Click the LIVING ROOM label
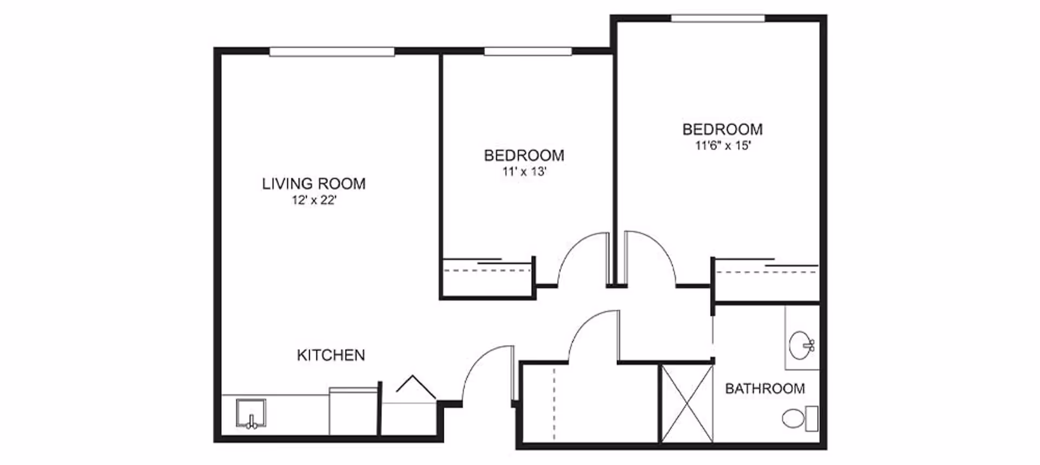tap(314, 184)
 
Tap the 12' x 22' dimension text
tap(314, 201)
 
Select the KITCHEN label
tap(331, 355)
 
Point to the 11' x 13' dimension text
tap(524, 172)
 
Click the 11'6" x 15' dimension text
tap(723, 146)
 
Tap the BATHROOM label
tap(765, 389)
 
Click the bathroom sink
tap(801, 345)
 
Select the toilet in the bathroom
tap(800, 418)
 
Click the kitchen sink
tap(251, 414)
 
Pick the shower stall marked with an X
tap(687, 404)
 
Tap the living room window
tap(332, 51)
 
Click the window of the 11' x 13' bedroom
tap(528, 51)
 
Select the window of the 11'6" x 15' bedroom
tap(718, 18)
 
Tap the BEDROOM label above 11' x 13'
tap(524, 156)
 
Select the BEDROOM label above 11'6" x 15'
tap(723, 130)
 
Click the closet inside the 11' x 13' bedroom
tap(487, 277)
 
